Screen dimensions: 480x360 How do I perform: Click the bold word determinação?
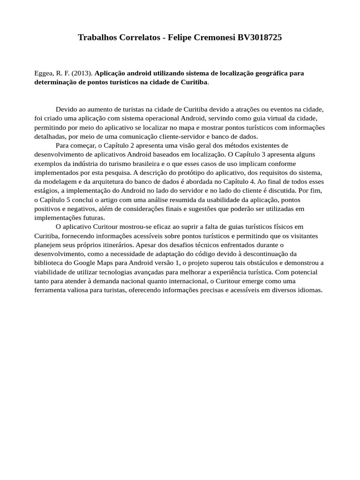(56, 82)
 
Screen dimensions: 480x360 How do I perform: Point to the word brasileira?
(140, 164)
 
